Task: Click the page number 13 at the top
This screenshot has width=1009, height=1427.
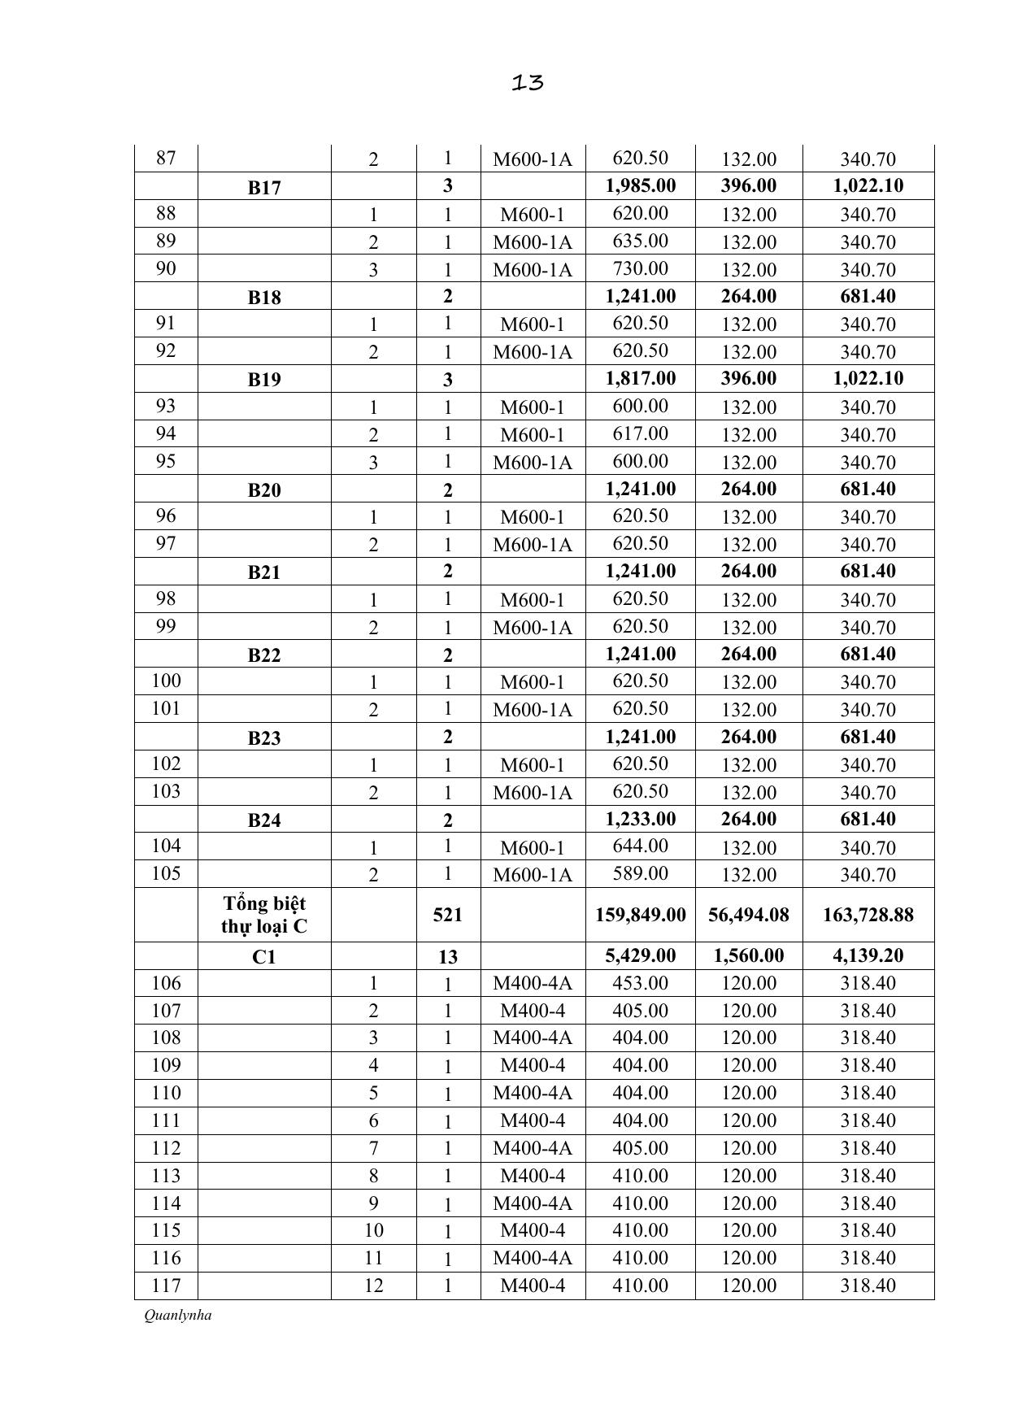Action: (x=528, y=82)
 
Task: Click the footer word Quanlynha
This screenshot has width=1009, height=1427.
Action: (x=177, y=1315)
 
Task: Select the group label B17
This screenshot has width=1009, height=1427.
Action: (x=264, y=188)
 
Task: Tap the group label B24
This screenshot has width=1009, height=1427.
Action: (x=264, y=820)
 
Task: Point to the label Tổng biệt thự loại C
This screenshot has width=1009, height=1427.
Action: (x=264, y=915)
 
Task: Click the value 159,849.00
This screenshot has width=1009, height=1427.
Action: (x=641, y=915)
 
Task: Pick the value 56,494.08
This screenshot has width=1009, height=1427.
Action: (x=749, y=915)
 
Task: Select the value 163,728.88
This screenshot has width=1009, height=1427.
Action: (x=868, y=915)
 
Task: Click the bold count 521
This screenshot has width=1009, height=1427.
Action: (x=448, y=915)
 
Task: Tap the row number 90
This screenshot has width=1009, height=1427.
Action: (x=166, y=268)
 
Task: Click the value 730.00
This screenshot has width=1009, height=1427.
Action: (x=641, y=268)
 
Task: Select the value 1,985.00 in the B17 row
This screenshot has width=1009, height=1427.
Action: (x=641, y=185)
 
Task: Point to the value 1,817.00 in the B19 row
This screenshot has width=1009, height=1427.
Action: (x=641, y=378)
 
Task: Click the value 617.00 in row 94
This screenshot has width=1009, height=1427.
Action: (x=641, y=433)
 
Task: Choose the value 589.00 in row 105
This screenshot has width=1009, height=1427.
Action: (x=641, y=873)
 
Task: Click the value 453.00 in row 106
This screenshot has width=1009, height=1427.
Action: (x=641, y=983)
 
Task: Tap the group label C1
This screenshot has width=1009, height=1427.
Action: (x=264, y=957)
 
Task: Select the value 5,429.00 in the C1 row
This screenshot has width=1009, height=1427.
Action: (x=641, y=955)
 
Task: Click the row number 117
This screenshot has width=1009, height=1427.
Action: (x=166, y=1286)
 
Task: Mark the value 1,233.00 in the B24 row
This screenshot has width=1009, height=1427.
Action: (x=641, y=819)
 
